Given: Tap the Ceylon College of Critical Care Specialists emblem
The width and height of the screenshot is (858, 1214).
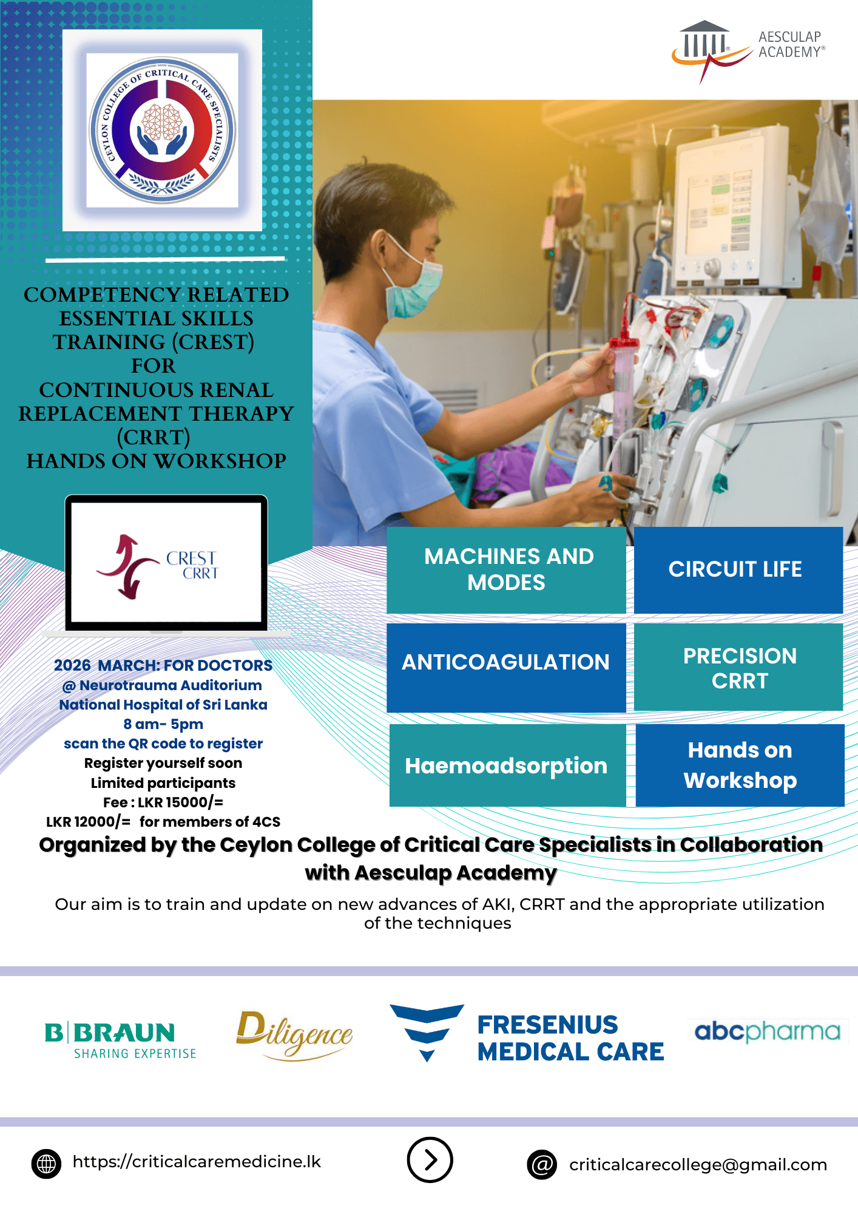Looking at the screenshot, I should click(162, 131).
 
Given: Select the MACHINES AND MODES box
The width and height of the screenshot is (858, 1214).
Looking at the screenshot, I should click(507, 569).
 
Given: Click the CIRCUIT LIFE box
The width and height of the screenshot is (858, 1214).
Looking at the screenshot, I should click(737, 569).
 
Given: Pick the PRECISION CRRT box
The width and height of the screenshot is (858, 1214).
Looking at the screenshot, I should click(738, 667).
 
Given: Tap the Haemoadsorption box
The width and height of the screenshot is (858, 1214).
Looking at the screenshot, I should click(507, 765).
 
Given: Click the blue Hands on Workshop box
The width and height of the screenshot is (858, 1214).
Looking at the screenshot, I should click(740, 765).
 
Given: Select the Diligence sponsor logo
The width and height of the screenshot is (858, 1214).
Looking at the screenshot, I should click(294, 1035).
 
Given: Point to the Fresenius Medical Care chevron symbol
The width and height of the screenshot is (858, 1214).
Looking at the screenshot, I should click(427, 1031).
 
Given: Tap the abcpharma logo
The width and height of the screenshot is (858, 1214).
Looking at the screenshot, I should click(768, 1031).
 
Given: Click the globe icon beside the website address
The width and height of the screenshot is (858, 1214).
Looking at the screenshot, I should click(46, 1164).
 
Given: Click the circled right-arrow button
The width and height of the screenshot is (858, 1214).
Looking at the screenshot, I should click(430, 1160).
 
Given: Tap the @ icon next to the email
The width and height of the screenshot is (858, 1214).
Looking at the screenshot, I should click(542, 1164).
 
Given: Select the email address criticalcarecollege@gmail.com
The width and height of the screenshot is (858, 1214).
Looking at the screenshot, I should click(698, 1164).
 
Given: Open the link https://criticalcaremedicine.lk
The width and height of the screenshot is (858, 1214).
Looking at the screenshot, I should click(197, 1161).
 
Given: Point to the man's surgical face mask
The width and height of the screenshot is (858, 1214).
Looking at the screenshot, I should click(417, 284).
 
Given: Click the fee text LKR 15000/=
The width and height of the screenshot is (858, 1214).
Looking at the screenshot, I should click(180, 802).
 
